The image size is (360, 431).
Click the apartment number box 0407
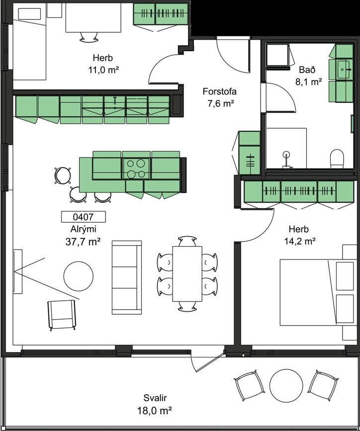[83, 217]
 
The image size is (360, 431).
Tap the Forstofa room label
[219, 91]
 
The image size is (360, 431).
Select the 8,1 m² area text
[309, 82]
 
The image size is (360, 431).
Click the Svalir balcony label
[155, 398]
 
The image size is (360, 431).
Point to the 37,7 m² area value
[83, 242]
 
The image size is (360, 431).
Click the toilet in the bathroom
[337, 159]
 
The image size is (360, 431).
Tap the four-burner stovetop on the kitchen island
[136, 169]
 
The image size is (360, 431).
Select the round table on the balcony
[286, 385]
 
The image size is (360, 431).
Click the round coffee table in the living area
[79, 276]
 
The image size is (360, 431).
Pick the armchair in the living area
[62, 315]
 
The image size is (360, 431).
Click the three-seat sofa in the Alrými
[126, 277]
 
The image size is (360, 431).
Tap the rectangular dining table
[187, 274]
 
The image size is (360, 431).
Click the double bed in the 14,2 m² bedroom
[317, 292]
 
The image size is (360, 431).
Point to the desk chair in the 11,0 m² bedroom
[89, 37]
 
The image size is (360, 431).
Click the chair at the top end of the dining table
[187, 241]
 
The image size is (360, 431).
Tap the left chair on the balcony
[249, 386]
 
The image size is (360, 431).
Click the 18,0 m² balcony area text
[155, 411]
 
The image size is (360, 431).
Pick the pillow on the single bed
[29, 14]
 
